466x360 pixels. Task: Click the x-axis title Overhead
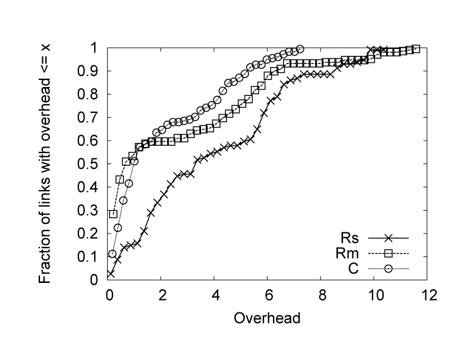point(268,319)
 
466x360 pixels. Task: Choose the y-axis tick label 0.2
point(89,234)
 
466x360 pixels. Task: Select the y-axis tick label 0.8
point(89,94)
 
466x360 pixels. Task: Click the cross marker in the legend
point(388,238)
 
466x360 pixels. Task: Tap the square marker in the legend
point(388,254)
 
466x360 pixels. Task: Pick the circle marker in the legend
point(388,270)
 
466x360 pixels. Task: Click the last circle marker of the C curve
point(300,49)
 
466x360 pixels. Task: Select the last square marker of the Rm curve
point(415,49)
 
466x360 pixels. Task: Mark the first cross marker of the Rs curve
point(111,274)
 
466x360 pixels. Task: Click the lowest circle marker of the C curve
point(112,254)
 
